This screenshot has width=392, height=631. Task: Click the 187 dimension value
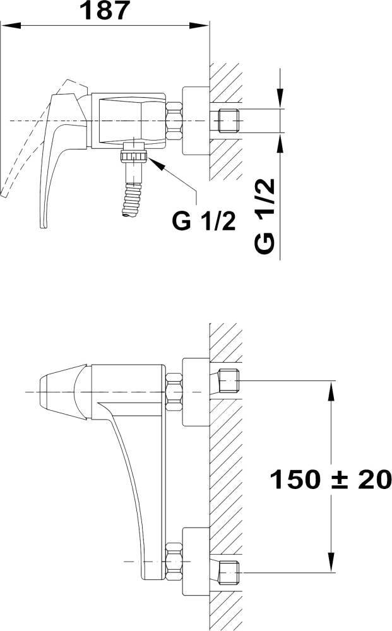click(x=105, y=11)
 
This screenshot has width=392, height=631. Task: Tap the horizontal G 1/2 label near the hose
click(x=204, y=221)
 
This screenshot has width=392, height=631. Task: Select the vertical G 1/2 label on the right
click(x=265, y=215)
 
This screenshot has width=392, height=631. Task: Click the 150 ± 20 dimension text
click(x=330, y=480)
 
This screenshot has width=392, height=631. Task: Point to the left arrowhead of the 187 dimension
click(x=11, y=25)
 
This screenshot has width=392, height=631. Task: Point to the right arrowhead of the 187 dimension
click(x=199, y=25)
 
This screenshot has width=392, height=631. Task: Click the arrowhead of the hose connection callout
click(x=157, y=163)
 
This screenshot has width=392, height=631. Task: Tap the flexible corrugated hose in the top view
click(x=132, y=200)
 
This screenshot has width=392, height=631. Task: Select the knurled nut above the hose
click(x=134, y=155)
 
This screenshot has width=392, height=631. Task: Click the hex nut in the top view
click(x=174, y=121)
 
